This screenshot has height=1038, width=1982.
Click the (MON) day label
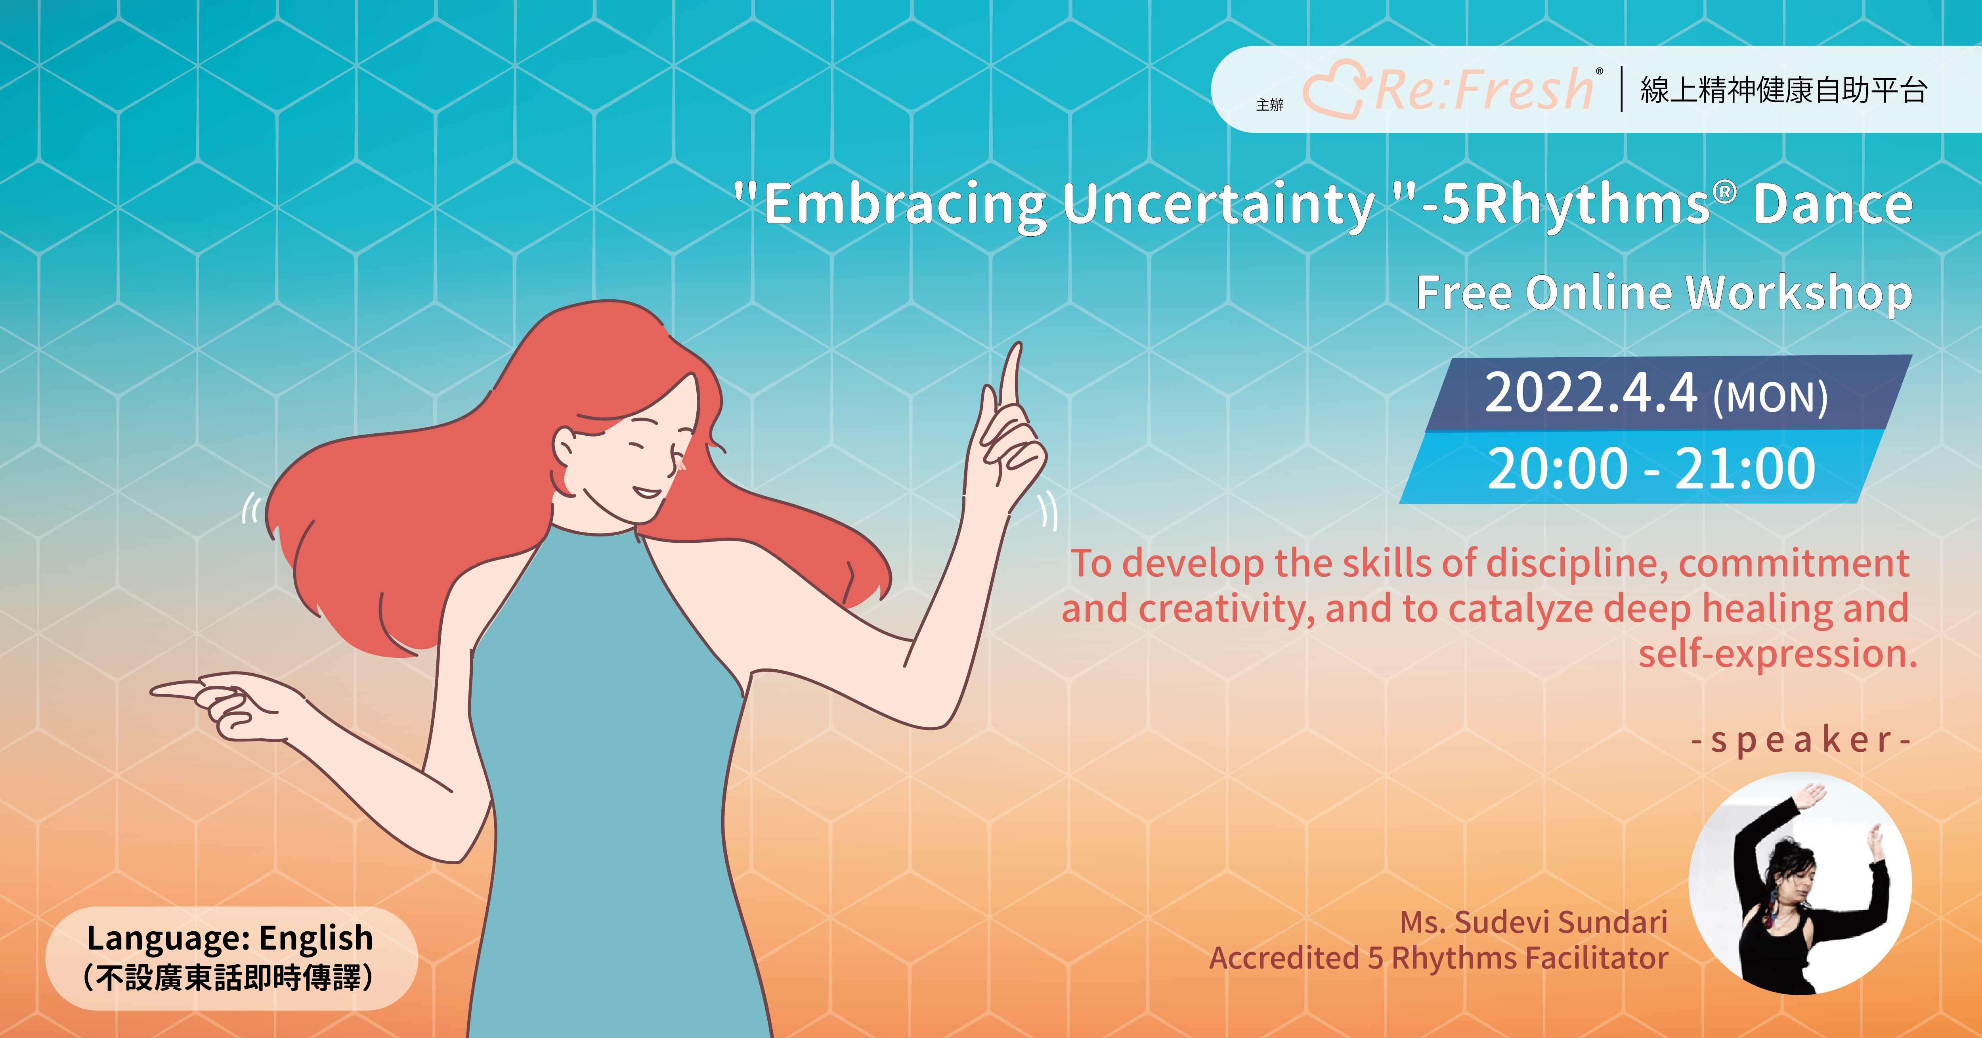pos(1770,397)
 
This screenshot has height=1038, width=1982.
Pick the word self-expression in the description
pos(1777,654)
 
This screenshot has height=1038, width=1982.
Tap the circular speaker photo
pos(1800,883)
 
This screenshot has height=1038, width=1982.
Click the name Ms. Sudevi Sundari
pos(1533,922)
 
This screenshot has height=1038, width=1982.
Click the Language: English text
pos(230,938)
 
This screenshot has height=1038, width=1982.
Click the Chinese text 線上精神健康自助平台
pos(1783,90)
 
